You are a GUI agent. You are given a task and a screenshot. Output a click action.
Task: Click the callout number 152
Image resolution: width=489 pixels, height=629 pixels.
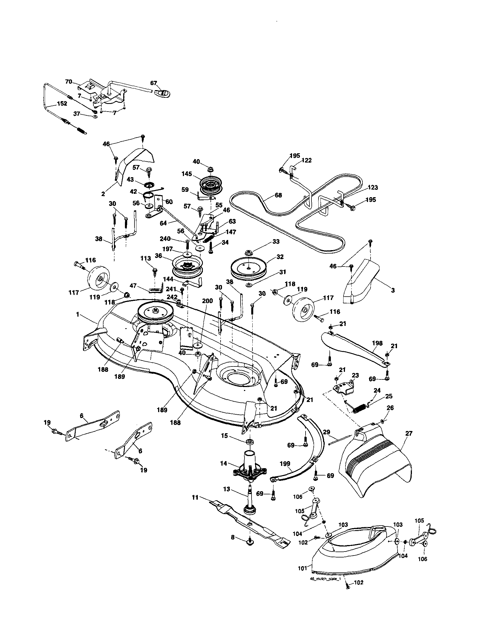62,103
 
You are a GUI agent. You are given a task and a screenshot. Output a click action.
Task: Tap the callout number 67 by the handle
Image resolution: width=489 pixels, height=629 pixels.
154,83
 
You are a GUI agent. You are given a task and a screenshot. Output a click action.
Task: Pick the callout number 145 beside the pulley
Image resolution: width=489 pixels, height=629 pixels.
187,174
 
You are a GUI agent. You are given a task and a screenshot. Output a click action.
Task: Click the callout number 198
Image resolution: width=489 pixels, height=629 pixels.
377,343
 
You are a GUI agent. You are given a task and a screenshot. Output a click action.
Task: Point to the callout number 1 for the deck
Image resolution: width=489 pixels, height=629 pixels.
77,315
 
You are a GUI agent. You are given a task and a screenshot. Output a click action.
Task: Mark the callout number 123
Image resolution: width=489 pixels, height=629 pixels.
373,188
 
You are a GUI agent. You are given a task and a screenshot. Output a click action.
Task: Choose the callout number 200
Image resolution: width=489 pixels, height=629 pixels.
207,301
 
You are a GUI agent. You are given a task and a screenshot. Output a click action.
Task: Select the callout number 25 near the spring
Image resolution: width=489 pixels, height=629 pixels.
389,396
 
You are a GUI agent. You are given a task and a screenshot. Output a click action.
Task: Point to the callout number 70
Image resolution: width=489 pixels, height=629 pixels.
68,81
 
